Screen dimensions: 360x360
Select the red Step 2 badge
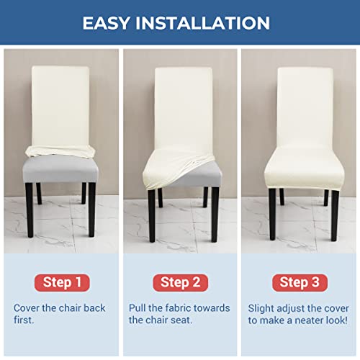point(179,282)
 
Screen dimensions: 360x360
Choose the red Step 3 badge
point(299,282)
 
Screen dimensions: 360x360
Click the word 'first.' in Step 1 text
point(25,320)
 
